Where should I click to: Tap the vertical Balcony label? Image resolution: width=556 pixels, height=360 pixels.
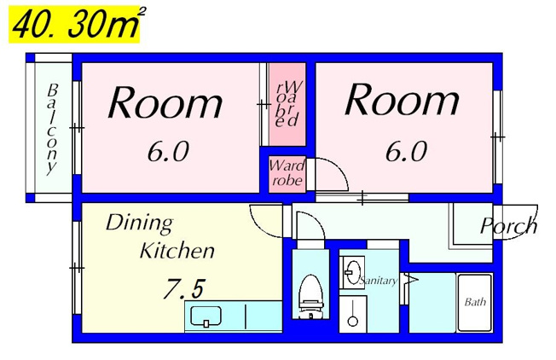[x=52, y=129]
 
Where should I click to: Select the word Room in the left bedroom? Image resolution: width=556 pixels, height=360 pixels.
[x=165, y=102]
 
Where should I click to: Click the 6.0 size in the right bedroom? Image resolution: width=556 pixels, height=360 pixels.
[x=407, y=151]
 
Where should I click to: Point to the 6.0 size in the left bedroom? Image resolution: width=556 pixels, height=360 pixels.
[x=168, y=151]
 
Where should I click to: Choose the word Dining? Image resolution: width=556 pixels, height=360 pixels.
[x=139, y=224]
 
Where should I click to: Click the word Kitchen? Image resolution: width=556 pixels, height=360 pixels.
[x=177, y=251]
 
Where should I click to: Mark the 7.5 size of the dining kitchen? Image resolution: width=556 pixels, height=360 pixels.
[x=184, y=288]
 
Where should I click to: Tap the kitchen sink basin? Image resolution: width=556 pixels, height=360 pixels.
[x=206, y=316]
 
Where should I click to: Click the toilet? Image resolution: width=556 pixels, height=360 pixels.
[x=310, y=297]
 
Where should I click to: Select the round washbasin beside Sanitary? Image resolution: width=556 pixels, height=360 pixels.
[x=352, y=272]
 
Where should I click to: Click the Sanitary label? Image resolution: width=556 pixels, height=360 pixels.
[x=378, y=281]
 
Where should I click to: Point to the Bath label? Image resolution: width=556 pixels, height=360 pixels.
[x=475, y=302]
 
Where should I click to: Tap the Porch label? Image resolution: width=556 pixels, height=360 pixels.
[x=508, y=225]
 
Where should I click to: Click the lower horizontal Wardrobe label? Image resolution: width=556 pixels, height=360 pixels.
[x=287, y=173]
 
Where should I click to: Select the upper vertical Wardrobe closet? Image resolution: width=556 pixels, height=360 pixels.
[x=287, y=104]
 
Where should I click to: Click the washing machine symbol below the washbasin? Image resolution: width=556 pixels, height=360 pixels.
[x=352, y=314]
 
